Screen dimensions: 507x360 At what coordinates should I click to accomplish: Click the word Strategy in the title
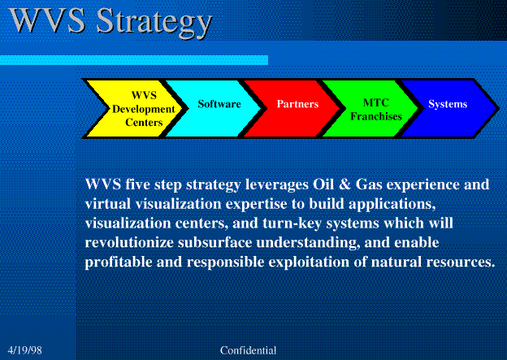(x=154, y=23)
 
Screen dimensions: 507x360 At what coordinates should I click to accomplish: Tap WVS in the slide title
(x=47, y=20)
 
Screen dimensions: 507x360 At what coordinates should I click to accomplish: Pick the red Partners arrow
(x=292, y=109)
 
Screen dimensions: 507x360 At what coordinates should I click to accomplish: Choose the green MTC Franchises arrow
(x=370, y=109)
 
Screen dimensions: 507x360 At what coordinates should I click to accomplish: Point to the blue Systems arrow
(x=449, y=109)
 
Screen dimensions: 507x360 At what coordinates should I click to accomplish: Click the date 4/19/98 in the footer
(x=25, y=350)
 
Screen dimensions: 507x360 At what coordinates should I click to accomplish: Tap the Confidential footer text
(x=248, y=350)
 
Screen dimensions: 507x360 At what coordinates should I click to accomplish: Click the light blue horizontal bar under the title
(x=134, y=60)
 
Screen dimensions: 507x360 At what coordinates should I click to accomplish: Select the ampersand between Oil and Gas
(x=344, y=184)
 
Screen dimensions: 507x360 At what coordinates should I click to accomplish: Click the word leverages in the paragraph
(x=277, y=185)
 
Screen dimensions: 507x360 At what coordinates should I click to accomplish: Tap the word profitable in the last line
(x=119, y=262)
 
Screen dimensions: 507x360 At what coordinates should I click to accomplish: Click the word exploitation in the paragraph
(x=309, y=262)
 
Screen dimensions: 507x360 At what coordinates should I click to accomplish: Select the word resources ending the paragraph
(x=461, y=262)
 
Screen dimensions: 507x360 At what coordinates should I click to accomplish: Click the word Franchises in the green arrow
(x=376, y=116)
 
